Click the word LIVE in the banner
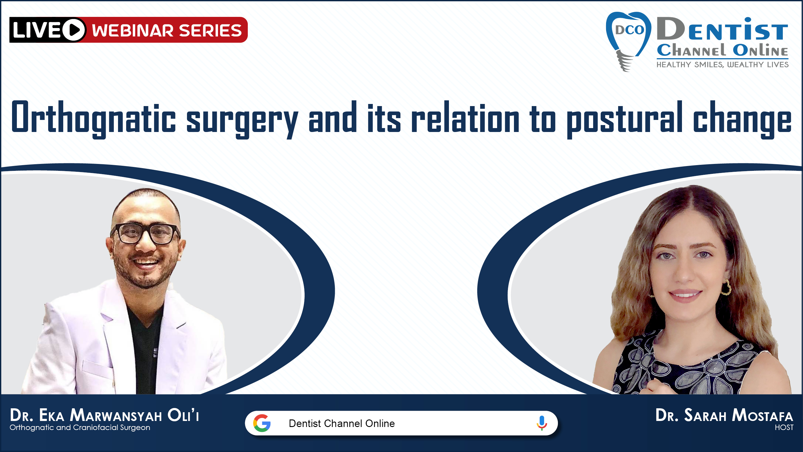[37, 30]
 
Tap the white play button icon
[74, 30]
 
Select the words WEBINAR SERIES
[167, 30]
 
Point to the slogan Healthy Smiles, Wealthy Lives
[723, 64]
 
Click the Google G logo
[262, 423]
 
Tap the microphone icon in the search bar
[542, 423]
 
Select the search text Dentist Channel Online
[342, 423]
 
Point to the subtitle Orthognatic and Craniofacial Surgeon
[80, 427]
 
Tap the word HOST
[784, 427]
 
